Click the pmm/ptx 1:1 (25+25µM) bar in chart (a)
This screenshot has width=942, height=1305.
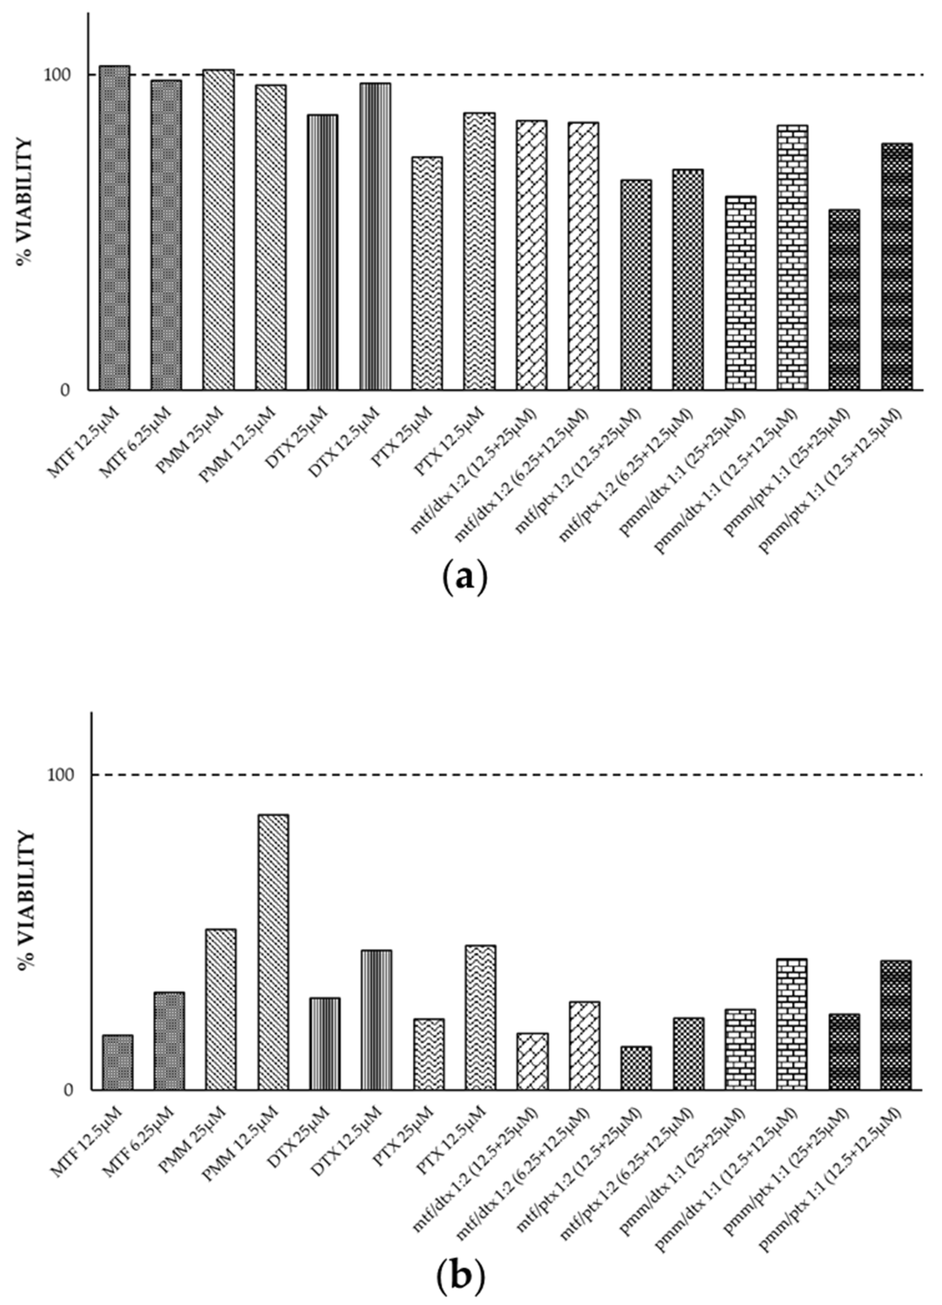pos(844,299)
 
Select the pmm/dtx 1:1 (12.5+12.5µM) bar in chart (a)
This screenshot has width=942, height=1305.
pos(792,257)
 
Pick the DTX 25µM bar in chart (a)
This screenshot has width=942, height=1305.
pos(322,252)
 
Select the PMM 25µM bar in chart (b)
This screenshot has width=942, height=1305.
pos(220,1010)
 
